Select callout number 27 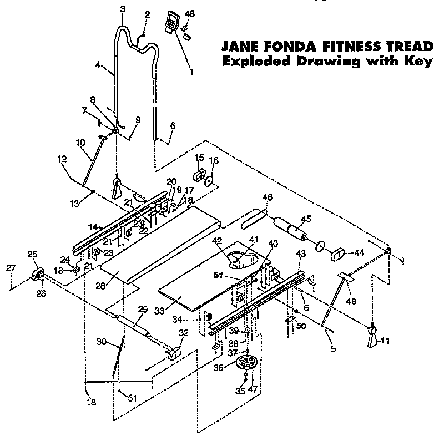pyautogui.click(x=11, y=269)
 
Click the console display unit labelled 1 pyautogui.click(x=173, y=23)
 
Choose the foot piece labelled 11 pyautogui.click(x=372, y=337)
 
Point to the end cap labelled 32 pyautogui.click(x=175, y=353)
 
